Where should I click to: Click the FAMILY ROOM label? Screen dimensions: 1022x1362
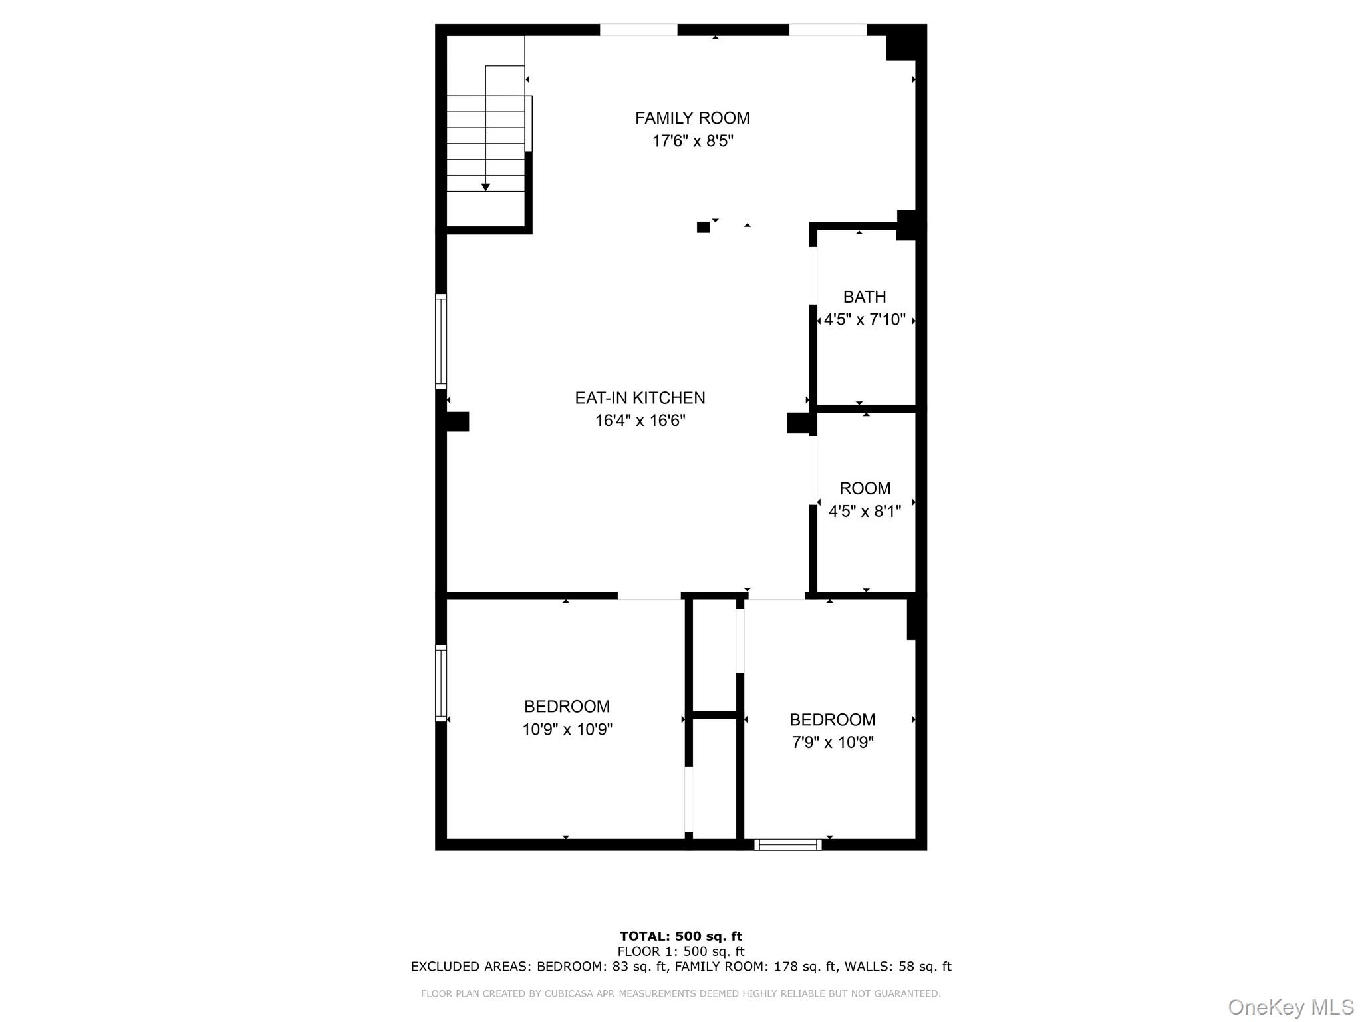click(x=692, y=118)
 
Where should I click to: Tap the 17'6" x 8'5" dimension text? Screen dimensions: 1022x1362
click(x=692, y=141)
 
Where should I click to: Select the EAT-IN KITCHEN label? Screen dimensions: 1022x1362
click(x=640, y=398)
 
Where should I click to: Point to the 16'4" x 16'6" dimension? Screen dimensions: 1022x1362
click(x=640, y=421)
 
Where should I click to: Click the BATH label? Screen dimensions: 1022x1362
click(x=865, y=297)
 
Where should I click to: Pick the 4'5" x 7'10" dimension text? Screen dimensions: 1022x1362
click(x=865, y=320)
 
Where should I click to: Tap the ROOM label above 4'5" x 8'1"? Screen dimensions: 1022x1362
click(x=865, y=488)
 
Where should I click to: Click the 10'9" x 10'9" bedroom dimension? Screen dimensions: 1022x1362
click(x=567, y=729)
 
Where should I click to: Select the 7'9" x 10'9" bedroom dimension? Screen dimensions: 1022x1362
click(x=832, y=742)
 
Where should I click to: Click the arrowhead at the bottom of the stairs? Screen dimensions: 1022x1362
click(x=485, y=188)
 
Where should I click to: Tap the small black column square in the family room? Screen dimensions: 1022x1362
click(x=703, y=227)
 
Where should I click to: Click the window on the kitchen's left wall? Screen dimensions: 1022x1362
click(x=440, y=341)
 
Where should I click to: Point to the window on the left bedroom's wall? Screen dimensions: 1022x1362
click(x=440, y=683)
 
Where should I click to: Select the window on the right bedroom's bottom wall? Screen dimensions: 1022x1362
click(x=788, y=845)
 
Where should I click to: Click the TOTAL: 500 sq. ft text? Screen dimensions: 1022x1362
click(x=681, y=937)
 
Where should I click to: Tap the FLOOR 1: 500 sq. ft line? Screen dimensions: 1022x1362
click(x=681, y=951)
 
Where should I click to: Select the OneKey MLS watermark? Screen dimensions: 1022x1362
click(x=1290, y=1007)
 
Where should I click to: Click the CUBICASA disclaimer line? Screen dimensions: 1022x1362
click(x=681, y=994)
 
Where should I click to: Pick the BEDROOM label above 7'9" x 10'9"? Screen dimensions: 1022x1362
click(x=832, y=719)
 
